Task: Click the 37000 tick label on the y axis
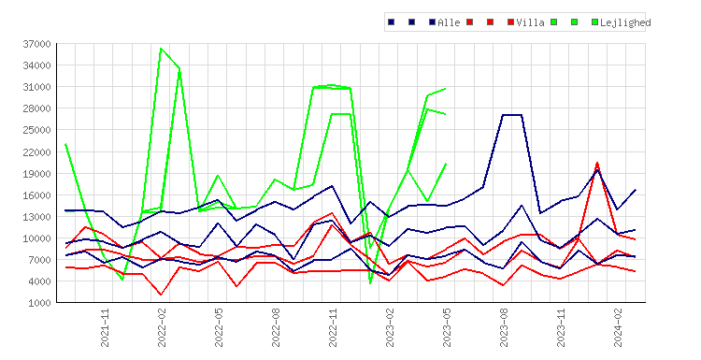pos(36,44)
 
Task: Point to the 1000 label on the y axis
pos(39,303)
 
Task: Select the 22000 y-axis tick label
pos(36,152)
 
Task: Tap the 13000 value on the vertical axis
pos(36,217)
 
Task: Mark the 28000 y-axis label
pos(36,108)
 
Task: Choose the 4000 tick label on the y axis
pos(39,281)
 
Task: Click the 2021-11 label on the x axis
pos(105,328)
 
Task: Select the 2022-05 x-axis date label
pos(219,328)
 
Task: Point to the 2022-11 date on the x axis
pos(333,328)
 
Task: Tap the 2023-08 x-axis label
pos(504,328)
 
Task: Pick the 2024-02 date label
pos(618,328)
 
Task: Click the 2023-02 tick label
pos(390,328)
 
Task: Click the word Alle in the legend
pos(449,22)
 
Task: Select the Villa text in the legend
pos(530,22)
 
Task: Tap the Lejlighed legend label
pos(625,22)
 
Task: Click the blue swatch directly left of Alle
pos(433,22)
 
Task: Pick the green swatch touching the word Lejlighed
pos(594,22)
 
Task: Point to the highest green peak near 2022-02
pos(161,49)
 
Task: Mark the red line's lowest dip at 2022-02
pos(161,295)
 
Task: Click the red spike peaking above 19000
pos(597,163)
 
